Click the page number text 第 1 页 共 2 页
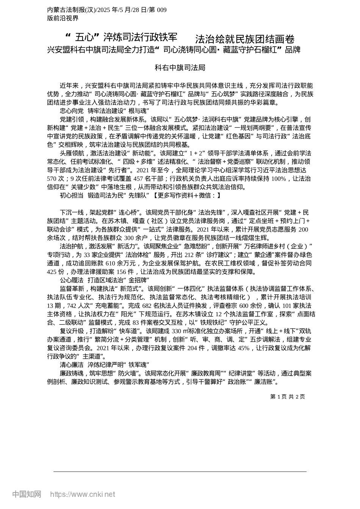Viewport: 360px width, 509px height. pos(287,397)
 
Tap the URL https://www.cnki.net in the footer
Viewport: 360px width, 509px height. pos(83,494)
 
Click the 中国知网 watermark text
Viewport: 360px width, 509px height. pos(27,494)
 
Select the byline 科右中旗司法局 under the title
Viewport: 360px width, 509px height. pos(180,68)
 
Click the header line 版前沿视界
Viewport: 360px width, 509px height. pos(63,18)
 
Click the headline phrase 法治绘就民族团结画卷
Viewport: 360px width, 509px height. pos(244,39)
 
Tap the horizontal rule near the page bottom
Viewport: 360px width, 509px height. pos(180,472)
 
